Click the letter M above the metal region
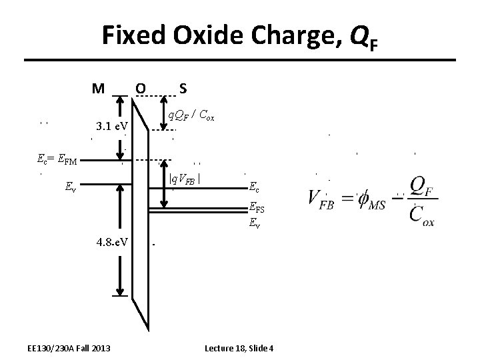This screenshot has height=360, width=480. coord(99,87)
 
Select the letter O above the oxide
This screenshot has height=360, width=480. coord(140,87)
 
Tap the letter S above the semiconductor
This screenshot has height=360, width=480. coord(182,87)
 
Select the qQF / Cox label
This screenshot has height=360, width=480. coord(191,115)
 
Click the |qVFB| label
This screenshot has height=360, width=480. coord(185,178)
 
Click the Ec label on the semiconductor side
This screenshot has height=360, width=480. coord(255,187)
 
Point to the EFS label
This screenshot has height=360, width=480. coord(258,207)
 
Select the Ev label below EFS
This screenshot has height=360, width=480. coord(255,224)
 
